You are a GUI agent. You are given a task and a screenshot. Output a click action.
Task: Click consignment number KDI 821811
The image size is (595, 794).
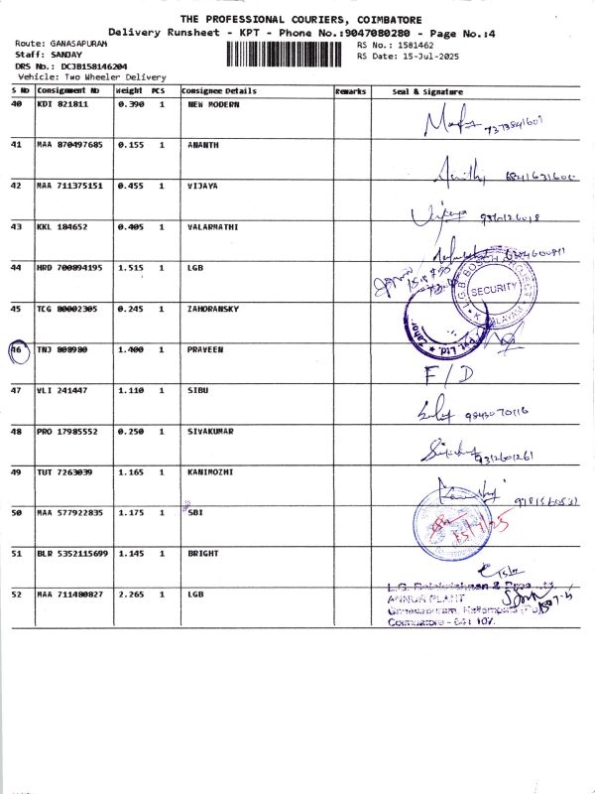[62, 104]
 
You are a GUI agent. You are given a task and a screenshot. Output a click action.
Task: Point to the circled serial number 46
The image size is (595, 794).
[17, 349]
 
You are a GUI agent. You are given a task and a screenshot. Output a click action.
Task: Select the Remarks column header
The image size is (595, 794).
[351, 91]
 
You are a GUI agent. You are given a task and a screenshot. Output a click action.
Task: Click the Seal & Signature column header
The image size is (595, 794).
[427, 91]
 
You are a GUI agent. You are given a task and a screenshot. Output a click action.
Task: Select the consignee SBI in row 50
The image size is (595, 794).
[195, 512]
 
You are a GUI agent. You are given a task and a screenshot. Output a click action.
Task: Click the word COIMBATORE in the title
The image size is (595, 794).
[382, 20]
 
